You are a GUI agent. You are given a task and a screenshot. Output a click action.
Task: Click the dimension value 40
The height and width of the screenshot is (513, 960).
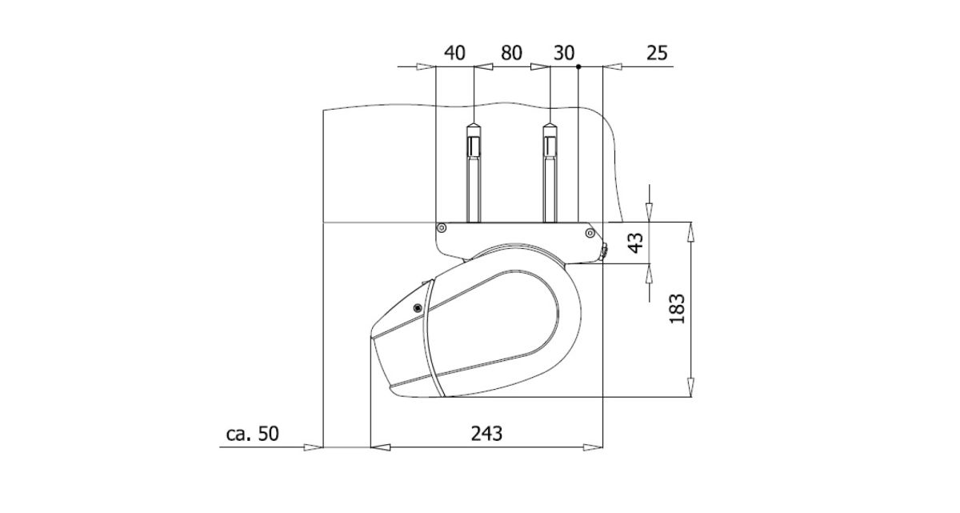point(454,53)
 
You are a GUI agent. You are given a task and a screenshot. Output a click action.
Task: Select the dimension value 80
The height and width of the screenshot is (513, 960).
point(511,53)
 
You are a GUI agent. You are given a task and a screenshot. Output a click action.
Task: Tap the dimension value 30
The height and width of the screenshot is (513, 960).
point(564,53)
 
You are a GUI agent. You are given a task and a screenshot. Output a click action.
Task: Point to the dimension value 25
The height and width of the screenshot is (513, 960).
point(657,53)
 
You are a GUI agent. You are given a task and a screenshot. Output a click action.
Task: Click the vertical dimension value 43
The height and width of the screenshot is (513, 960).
point(635,242)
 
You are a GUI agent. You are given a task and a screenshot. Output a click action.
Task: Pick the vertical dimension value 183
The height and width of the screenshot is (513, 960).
point(677,309)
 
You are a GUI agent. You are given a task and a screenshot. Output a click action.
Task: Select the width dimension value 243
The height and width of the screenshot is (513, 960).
point(486,433)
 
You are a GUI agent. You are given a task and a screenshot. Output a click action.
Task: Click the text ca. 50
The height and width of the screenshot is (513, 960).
point(253,433)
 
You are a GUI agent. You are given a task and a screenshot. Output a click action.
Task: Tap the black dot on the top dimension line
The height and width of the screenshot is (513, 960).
point(578,67)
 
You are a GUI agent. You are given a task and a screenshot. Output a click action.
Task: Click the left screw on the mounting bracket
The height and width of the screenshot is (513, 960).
point(442,227)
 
